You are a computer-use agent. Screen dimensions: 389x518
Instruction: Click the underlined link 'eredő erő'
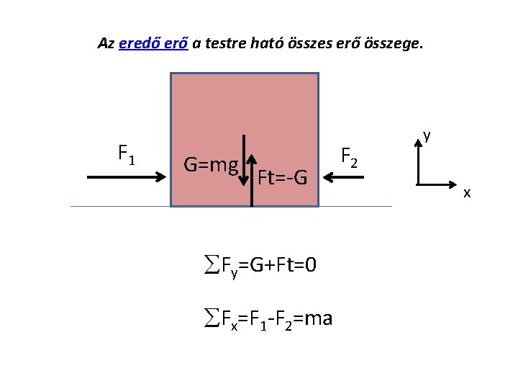[153, 43]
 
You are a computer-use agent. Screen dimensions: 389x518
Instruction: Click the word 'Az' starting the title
[106, 43]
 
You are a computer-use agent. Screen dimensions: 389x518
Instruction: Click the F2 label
[348, 156]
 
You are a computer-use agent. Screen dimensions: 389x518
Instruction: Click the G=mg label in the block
[210, 165]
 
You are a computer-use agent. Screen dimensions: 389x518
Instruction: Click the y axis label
[427, 135]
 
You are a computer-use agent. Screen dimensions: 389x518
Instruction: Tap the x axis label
[467, 193]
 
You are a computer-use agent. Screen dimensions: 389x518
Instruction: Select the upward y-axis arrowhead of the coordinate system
[419, 143]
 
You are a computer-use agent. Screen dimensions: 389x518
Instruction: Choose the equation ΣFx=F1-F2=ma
[266, 318]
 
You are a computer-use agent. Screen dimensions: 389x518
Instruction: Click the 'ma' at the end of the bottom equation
[318, 318]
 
